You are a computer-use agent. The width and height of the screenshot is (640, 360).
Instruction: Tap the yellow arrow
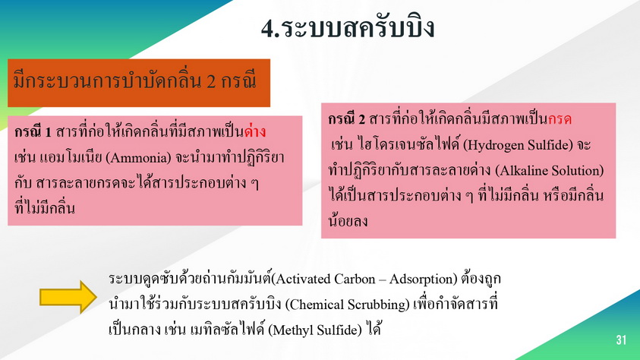(68, 297)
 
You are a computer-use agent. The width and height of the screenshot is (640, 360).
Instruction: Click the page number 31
(621, 339)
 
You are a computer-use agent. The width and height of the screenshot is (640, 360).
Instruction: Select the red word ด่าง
(255, 131)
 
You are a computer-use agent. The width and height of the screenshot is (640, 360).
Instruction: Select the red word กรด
(560, 118)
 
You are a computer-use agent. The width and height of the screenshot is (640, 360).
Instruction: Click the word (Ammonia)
(138, 157)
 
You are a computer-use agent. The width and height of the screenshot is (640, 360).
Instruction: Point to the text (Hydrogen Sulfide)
(518, 145)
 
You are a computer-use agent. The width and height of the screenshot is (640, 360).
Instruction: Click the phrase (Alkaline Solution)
(550, 170)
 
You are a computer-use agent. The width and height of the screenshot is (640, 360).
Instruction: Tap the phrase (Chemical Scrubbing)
(347, 305)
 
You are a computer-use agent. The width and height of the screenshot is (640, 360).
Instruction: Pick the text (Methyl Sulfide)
(315, 330)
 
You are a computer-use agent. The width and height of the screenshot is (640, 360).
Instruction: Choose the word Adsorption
(421, 279)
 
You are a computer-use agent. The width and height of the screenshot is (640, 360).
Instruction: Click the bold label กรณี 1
(33, 131)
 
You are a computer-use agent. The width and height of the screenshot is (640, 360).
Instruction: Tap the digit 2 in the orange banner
(211, 81)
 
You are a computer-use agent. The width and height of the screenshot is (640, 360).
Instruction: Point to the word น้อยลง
(348, 221)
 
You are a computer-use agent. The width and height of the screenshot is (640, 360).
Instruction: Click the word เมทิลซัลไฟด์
(227, 330)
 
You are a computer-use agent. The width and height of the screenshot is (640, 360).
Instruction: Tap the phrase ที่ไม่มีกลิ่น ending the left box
(45, 208)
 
